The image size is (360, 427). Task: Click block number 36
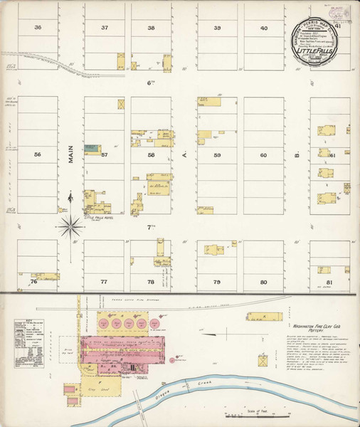(x=38, y=28)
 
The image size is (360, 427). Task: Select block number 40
(x=264, y=28)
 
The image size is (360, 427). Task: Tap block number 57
(x=104, y=154)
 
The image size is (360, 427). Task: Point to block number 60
(x=264, y=154)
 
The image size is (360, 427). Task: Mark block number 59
(x=218, y=154)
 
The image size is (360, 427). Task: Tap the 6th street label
(x=150, y=83)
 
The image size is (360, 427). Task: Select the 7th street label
(x=150, y=227)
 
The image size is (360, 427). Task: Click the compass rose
(x=70, y=227)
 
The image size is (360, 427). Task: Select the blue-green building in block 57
(x=92, y=149)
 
